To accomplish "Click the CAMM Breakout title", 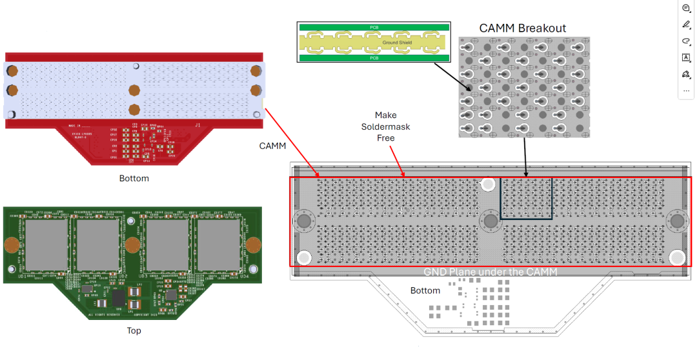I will [522, 28].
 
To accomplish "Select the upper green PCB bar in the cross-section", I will [373, 27].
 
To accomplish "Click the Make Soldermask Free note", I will [385, 126].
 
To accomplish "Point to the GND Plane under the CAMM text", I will [490, 272].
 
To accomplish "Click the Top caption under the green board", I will [134, 331].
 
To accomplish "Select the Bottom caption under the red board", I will [134, 178].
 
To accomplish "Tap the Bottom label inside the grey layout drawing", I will [425, 291].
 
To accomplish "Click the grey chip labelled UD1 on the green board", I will [46, 245].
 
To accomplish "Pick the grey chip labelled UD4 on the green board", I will [218, 245].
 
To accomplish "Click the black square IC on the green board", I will [119, 299].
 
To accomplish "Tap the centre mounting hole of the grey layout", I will [490, 221].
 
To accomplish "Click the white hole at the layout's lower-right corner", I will [677, 258].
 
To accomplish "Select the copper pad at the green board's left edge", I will [11, 245].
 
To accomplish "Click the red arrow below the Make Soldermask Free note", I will [399, 161].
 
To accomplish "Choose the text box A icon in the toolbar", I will [686, 57].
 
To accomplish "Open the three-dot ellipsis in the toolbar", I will [686, 91].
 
